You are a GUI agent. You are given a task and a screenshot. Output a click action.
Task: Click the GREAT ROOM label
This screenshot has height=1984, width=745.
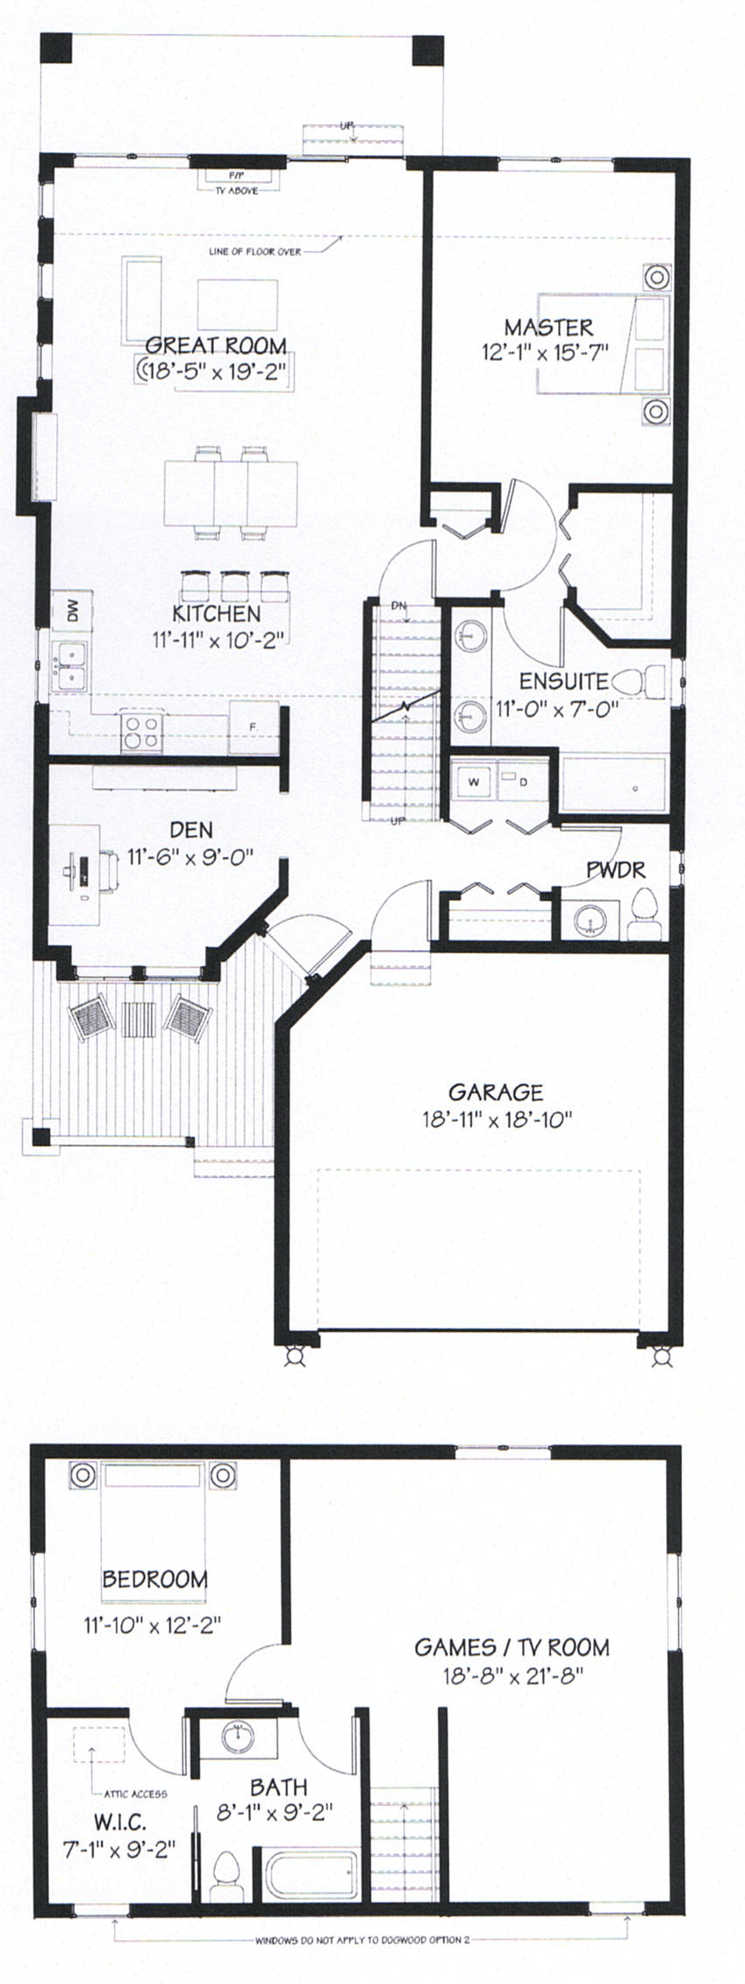pos(216,344)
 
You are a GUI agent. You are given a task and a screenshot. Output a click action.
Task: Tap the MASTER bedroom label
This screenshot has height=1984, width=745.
pos(548,327)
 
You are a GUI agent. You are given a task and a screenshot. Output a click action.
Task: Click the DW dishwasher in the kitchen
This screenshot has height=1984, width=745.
pos(73,609)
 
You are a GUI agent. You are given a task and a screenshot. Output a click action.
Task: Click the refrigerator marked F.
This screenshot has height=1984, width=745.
pos(252,727)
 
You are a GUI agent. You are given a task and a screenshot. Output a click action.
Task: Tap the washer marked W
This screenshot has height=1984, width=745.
pos(475,781)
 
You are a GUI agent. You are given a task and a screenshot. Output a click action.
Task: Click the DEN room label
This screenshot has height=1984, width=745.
pos(191,829)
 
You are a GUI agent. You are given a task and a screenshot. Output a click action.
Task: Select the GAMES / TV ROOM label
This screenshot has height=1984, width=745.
pos(512,1647)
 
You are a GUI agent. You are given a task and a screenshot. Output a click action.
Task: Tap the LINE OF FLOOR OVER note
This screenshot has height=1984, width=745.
pos(254,252)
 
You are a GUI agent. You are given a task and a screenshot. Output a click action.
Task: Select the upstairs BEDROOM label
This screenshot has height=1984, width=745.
pos(155,1579)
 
